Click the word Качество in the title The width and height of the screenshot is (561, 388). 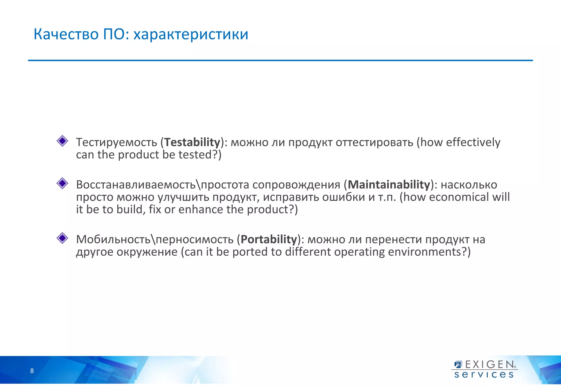[x=66, y=34]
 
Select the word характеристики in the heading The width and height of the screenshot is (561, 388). [x=191, y=34]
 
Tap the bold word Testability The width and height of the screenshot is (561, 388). [x=192, y=142]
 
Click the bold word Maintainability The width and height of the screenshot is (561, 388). [x=389, y=185]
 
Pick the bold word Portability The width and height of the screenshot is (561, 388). [x=269, y=239]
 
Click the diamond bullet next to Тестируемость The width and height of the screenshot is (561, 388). [x=62, y=141]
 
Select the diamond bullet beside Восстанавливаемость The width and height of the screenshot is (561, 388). [x=62, y=183]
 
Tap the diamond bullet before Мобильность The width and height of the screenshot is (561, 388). [x=62, y=238]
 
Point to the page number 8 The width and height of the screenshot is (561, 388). [x=32, y=371]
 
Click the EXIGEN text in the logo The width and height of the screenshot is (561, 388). [x=490, y=364]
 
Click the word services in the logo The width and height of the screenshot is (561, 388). [x=484, y=375]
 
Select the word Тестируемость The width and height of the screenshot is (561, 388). [x=117, y=142]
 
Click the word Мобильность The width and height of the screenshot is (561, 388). [x=113, y=239]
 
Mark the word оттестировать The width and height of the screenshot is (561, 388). [x=374, y=142]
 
